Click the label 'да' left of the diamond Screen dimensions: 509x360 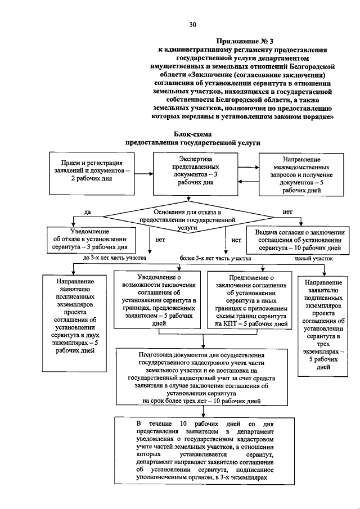click(x=87, y=212)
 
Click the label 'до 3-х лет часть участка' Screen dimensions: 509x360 click(x=115, y=258)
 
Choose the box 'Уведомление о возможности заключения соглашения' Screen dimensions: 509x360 click(x=159, y=300)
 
